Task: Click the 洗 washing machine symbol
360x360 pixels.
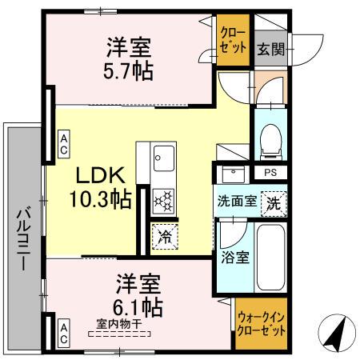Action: (x=274, y=201)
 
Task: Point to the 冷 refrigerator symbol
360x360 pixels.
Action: (x=163, y=236)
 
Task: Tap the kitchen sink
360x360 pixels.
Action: (x=163, y=154)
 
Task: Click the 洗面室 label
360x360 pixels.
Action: (x=237, y=201)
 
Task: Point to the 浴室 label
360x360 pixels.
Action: (x=234, y=258)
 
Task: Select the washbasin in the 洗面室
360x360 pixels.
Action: (x=233, y=173)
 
